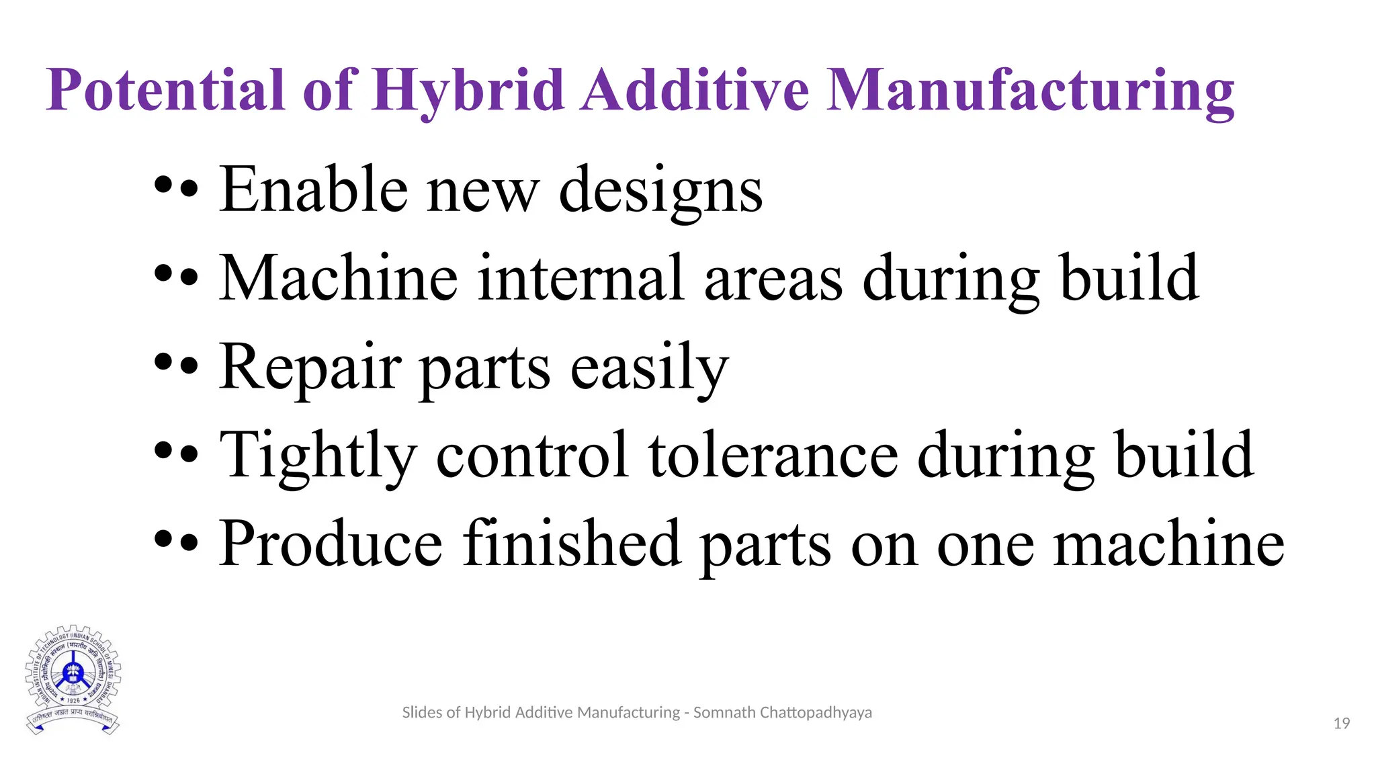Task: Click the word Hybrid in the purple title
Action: point(468,91)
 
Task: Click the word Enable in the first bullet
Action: point(313,189)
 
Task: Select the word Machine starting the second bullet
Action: point(339,278)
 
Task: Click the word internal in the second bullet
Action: point(580,278)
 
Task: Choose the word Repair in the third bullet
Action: point(310,368)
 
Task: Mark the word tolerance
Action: point(773,456)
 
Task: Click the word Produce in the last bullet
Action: point(331,544)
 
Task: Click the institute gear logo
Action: point(73,679)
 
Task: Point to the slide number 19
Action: point(1341,724)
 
